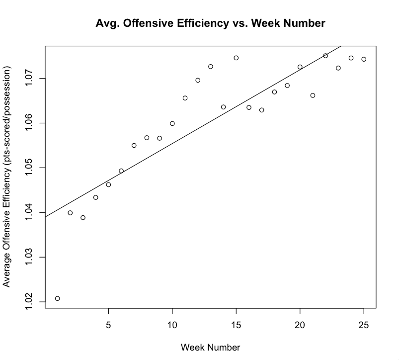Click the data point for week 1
(x=57, y=298)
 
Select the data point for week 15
(x=236, y=58)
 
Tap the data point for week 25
(x=364, y=59)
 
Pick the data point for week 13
(x=211, y=67)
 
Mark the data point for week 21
(x=313, y=95)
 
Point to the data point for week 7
(x=134, y=145)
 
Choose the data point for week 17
(x=262, y=110)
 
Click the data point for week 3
(x=83, y=217)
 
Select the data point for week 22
(x=325, y=56)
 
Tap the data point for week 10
(x=172, y=123)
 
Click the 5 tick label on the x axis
(x=108, y=325)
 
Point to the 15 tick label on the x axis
(x=236, y=325)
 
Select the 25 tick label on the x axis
(x=364, y=325)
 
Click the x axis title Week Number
(x=210, y=347)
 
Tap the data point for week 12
(x=198, y=80)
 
